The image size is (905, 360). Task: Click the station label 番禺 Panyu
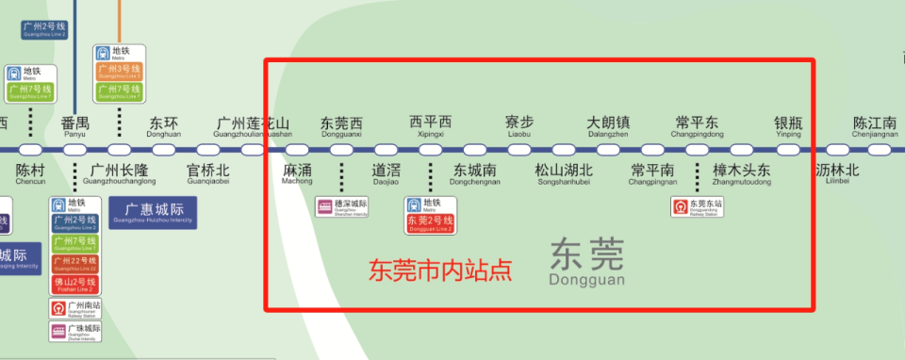click(x=74, y=126)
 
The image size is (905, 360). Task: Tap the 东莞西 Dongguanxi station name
click(x=341, y=126)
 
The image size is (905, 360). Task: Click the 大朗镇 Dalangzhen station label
click(x=608, y=126)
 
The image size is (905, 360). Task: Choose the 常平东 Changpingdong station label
click(x=698, y=126)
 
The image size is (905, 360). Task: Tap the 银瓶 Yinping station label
click(x=788, y=126)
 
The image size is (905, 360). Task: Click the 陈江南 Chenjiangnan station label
click(x=875, y=126)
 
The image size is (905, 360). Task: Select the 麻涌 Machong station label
click(x=297, y=174)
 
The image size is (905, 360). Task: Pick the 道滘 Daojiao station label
click(x=386, y=174)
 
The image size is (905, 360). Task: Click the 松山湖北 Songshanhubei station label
click(x=564, y=174)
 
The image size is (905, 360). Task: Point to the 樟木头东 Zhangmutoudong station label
click(x=742, y=174)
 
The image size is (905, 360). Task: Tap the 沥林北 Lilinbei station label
click(x=837, y=174)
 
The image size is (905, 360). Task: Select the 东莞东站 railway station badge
click(x=699, y=206)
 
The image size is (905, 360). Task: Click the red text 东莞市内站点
click(x=440, y=270)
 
